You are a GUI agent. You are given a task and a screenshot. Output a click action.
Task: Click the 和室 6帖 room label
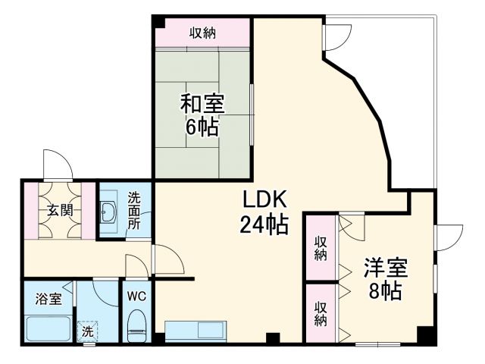(x=202, y=114)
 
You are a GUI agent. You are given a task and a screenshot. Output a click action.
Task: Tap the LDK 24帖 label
(x=264, y=212)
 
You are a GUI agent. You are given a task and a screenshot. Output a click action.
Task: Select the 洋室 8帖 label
(x=386, y=279)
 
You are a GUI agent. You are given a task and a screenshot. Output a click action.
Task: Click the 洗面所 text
(x=134, y=210)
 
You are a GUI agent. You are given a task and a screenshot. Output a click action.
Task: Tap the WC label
(x=137, y=296)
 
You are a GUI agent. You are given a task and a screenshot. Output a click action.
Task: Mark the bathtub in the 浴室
(x=47, y=330)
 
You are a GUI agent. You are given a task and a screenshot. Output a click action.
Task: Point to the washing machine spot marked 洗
(x=88, y=331)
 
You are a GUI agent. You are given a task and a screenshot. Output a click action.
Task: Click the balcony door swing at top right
(x=338, y=34)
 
